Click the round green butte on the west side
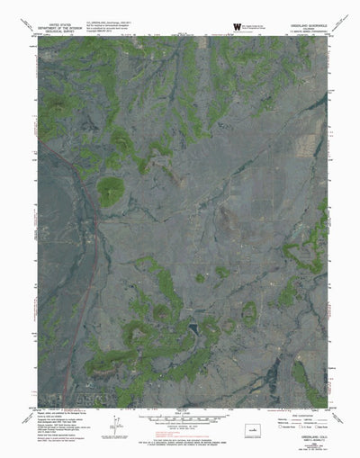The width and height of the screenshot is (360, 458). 112,190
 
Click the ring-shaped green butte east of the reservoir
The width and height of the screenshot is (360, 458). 249,312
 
